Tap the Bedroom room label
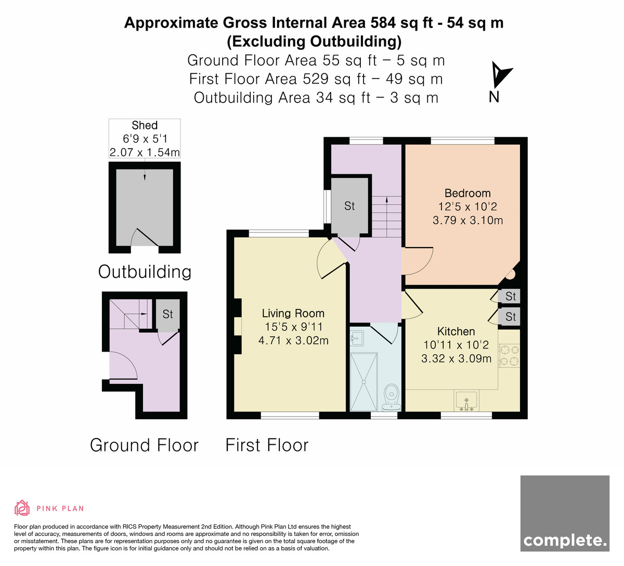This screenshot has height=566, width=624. coord(467,194)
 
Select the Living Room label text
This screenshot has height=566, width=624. coord(293,313)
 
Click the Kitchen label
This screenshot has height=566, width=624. coord(456,331)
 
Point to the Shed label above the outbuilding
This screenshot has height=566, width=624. coord(145,125)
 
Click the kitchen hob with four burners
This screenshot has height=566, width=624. coord(509,355)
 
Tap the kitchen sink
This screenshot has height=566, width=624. coord(466,401)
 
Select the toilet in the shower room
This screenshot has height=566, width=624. coord(392,398)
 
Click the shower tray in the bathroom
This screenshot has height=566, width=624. coord(363,382)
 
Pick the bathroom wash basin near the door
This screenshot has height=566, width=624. coord(357,338)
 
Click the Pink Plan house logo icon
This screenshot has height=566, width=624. coord(22,508)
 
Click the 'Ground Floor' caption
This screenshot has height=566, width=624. coord(144,445)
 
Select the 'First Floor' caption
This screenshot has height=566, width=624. coord(267,445)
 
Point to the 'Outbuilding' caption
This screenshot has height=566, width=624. coord(145,272)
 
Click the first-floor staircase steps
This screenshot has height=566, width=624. coord(387,217)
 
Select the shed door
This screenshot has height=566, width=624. coord(145,238)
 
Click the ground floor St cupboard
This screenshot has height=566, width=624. coord(167,315)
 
